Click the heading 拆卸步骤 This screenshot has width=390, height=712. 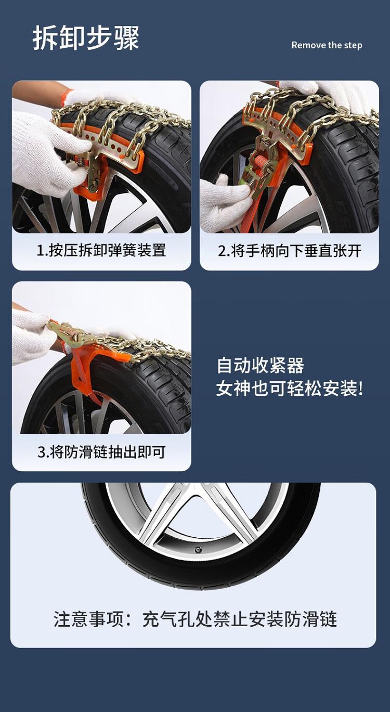coord(86,38)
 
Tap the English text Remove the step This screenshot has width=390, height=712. coord(327,45)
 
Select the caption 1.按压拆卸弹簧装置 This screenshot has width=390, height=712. coord(101,251)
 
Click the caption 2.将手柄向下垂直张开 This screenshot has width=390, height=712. coord(290,251)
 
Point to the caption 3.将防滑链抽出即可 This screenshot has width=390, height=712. coord(101,451)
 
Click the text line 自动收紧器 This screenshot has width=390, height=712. coord(260,365)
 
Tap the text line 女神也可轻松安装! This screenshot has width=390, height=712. coord(289,389)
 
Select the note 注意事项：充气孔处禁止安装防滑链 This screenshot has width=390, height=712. coord(195,619)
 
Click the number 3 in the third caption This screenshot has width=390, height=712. coord(42,452)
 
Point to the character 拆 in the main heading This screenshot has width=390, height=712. coord(45,38)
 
